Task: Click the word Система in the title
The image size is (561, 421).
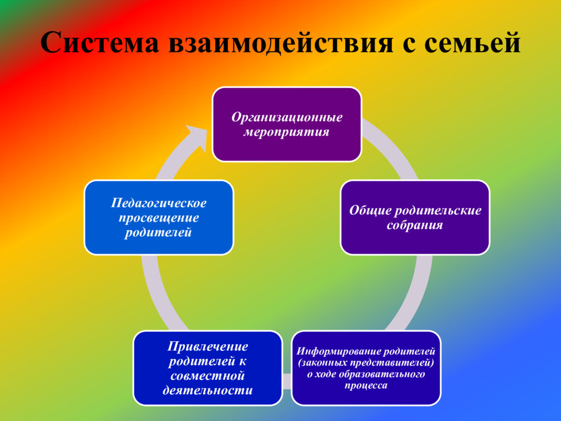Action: click(100, 43)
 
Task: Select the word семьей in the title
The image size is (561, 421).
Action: click(472, 43)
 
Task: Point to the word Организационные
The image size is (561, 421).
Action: click(287, 117)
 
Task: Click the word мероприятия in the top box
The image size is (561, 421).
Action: click(286, 132)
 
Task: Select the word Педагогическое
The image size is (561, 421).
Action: click(158, 203)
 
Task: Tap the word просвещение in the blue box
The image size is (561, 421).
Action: click(158, 218)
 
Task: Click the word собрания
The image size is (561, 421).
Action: click(415, 225)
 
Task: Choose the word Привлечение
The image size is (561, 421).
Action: click(208, 346)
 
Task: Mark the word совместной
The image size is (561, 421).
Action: click(208, 376)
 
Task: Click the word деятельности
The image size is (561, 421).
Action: click(208, 390)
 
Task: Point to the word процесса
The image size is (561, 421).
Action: click(366, 385)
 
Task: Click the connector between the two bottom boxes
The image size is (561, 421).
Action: click(287, 382)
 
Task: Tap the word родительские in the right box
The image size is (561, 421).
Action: click(438, 210)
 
